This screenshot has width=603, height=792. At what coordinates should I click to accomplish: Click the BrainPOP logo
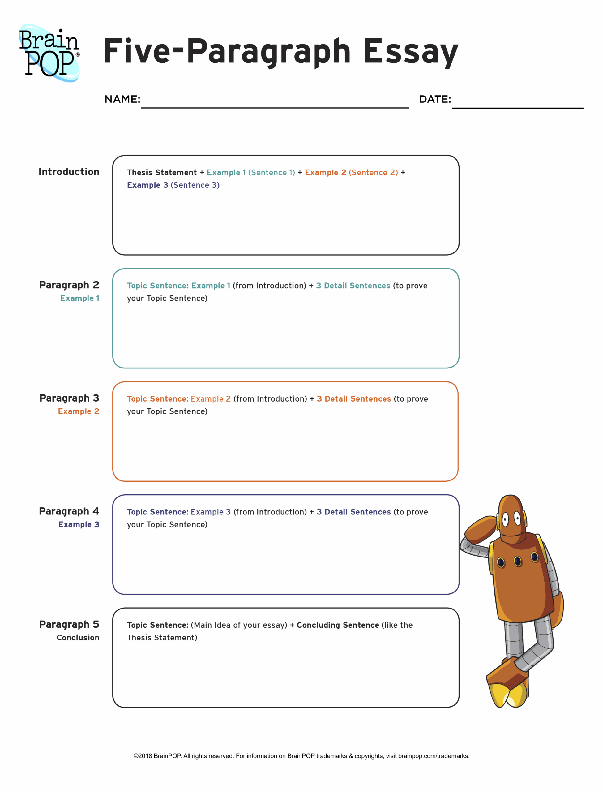pyautogui.click(x=49, y=53)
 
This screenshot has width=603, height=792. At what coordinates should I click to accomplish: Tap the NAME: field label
pyautogui.click(x=122, y=99)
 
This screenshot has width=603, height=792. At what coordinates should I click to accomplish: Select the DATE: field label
pyautogui.click(x=435, y=99)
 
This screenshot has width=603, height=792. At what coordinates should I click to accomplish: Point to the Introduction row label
pyautogui.click(x=69, y=172)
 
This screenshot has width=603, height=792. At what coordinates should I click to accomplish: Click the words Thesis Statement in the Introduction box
pyautogui.click(x=161, y=173)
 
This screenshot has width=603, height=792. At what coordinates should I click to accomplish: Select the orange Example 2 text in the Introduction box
pyautogui.click(x=325, y=173)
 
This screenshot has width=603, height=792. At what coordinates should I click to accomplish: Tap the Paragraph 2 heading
pyautogui.click(x=69, y=285)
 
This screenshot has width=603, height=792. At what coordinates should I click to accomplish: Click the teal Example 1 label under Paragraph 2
pyautogui.click(x=80, y=298)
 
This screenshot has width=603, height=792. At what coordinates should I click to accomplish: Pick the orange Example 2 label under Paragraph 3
pyautogui.click(x=79, y=411)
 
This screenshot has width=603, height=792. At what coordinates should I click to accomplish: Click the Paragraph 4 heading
pyautogui.click(x=69, y=511)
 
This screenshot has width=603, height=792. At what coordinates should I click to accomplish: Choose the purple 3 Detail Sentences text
pyautogui.click(x=353, y=512)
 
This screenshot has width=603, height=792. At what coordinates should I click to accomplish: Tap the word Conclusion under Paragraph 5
pyautogui.click(x=78, y=638)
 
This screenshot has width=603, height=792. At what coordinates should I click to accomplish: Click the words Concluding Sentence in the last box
pyautogui.click(x=338, y=625)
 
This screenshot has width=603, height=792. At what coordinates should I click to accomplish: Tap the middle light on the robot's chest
pyautogui.click(x=518, y=561)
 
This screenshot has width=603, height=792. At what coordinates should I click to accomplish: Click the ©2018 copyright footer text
pyautogui.click(x=301, y=756)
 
